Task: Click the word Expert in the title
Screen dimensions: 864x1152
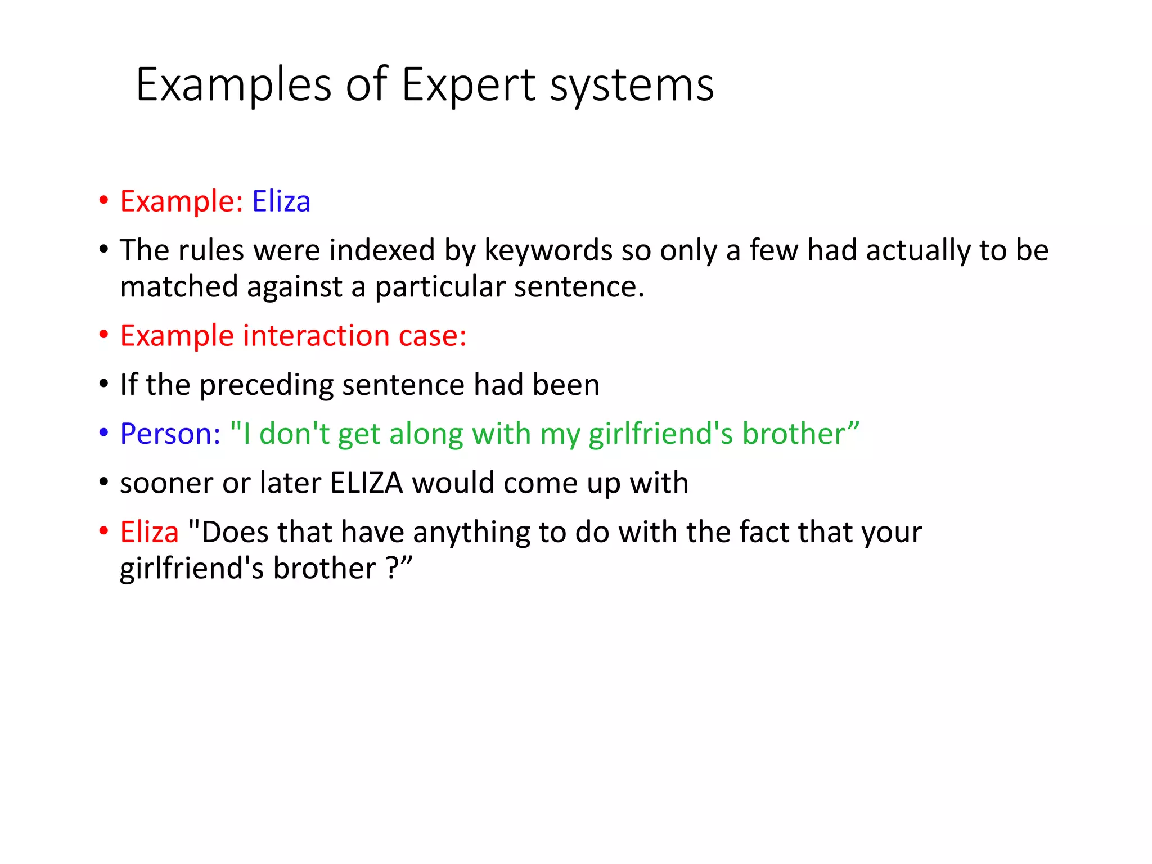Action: [x=468, y=85]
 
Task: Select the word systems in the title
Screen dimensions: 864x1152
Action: [x=632, y=85]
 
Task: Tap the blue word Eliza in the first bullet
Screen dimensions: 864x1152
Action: [x=281, y=201]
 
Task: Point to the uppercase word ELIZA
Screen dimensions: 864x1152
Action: [x=367, y=483]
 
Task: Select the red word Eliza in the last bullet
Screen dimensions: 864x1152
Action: [x=149, y=532]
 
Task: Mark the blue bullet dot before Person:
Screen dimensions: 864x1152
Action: [x=103, y=433]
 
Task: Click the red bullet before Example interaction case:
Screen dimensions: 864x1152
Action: [x=103, y=335]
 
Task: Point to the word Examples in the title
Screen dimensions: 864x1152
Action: [x=234, y=85]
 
